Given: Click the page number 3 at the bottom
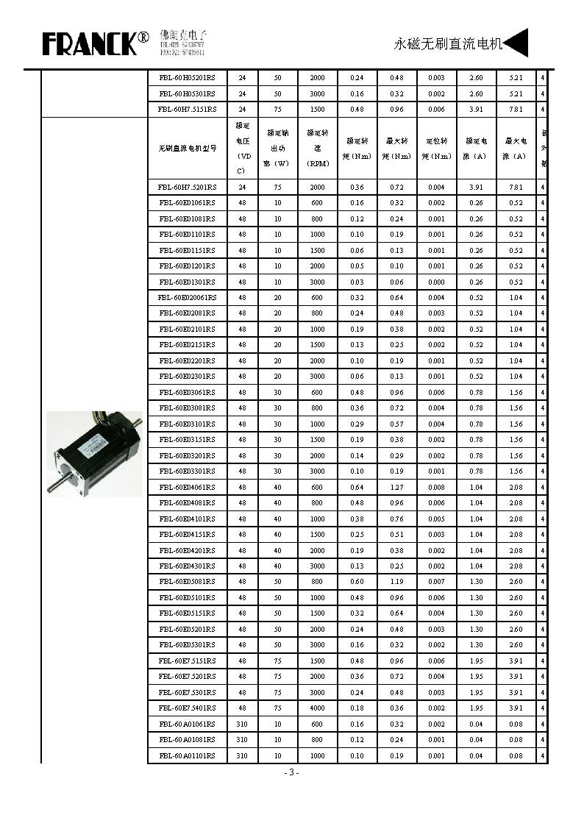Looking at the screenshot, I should pyautogui.click(x=291, y=772).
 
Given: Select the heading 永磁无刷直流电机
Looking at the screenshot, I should pyautogui.click(x=448, y=44).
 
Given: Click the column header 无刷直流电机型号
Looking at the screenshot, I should pyautogui.click(x=188, y=148).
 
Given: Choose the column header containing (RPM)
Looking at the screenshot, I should pyautogui.click(x=317, y=149).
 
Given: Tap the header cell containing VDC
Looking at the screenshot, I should pyautogui.click(x=243, y=148).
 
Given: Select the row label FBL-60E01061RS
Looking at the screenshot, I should pyautogui.click(x=188, y=203).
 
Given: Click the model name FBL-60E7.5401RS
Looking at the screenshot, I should pyautogui.click(x=188, y=708).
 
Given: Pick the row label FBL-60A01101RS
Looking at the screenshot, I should pyautogui.click(x=188, y=756).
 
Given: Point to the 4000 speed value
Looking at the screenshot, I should pyautogui.click(x=317, y=708).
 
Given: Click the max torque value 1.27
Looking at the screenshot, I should pyautogui.click(x=397, y=487).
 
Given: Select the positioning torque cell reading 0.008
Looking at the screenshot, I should pyautogui.click(x=437, y=487).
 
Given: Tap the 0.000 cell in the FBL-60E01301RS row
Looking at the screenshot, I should pyautogui.click(x=437, y=282).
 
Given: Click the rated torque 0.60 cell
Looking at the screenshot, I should pyautogui.click(x=357, y=582).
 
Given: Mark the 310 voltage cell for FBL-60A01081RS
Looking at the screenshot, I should pyautogui.click(x=243, y=740).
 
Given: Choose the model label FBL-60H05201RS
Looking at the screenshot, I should pyautogui.click(x=188, y=78).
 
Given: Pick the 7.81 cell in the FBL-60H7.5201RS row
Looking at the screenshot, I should pyautogui.click(x=516, y=187).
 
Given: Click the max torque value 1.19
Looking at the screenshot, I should pyautogui.click(x=397, y=582).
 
